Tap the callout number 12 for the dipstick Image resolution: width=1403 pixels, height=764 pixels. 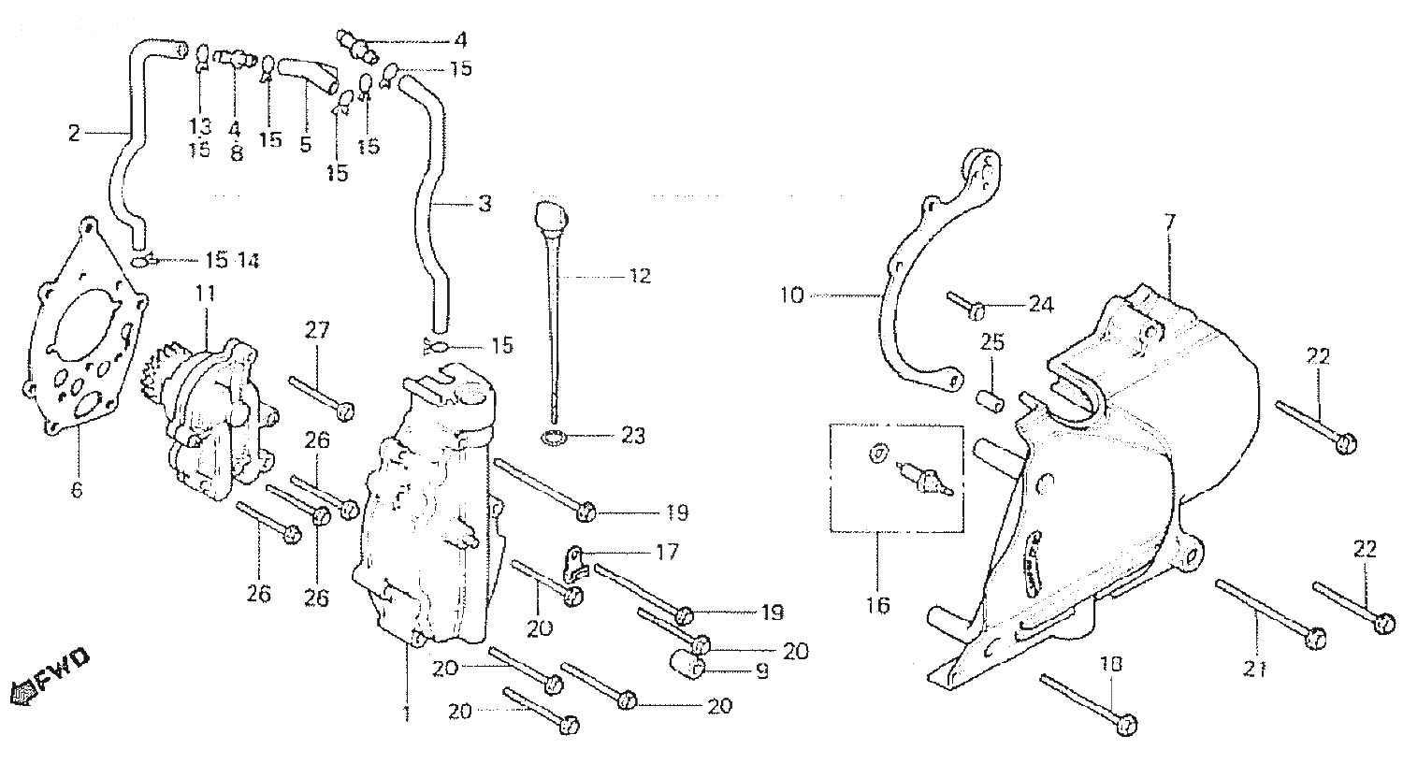tap(640, 277)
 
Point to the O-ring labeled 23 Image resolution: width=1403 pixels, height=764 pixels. tap(556, 437)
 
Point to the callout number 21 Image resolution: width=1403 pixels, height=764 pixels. tap(1255, 669)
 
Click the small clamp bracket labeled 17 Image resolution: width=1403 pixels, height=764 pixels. tap(573, 558)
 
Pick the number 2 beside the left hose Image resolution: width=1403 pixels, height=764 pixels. tap(75, 134)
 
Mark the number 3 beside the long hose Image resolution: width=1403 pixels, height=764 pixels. tap(484, 204)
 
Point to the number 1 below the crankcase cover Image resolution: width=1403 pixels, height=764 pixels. tap(406, 714)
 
